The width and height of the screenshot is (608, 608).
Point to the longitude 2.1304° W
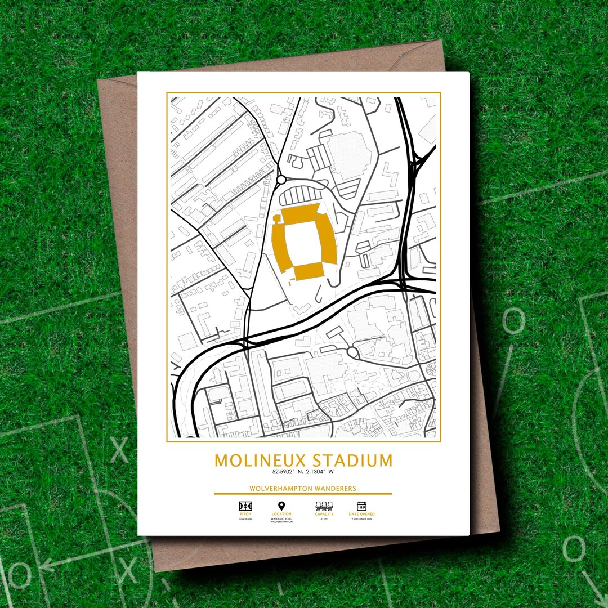pos(320,472)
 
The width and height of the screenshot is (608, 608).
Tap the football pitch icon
pos(245,506)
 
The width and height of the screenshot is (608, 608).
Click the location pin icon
pos(281,506)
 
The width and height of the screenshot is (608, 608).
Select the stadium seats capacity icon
pos(324,506)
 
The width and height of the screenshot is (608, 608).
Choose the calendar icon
pos(361,506)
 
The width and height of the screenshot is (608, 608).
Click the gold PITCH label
pos(245,514)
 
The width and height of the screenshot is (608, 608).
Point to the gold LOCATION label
pos(281,514)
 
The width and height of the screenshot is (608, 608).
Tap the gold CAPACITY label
pos(324,514)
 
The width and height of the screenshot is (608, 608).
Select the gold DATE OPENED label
pos(361,514)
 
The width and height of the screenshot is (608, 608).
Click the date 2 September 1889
pos(361,519)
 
